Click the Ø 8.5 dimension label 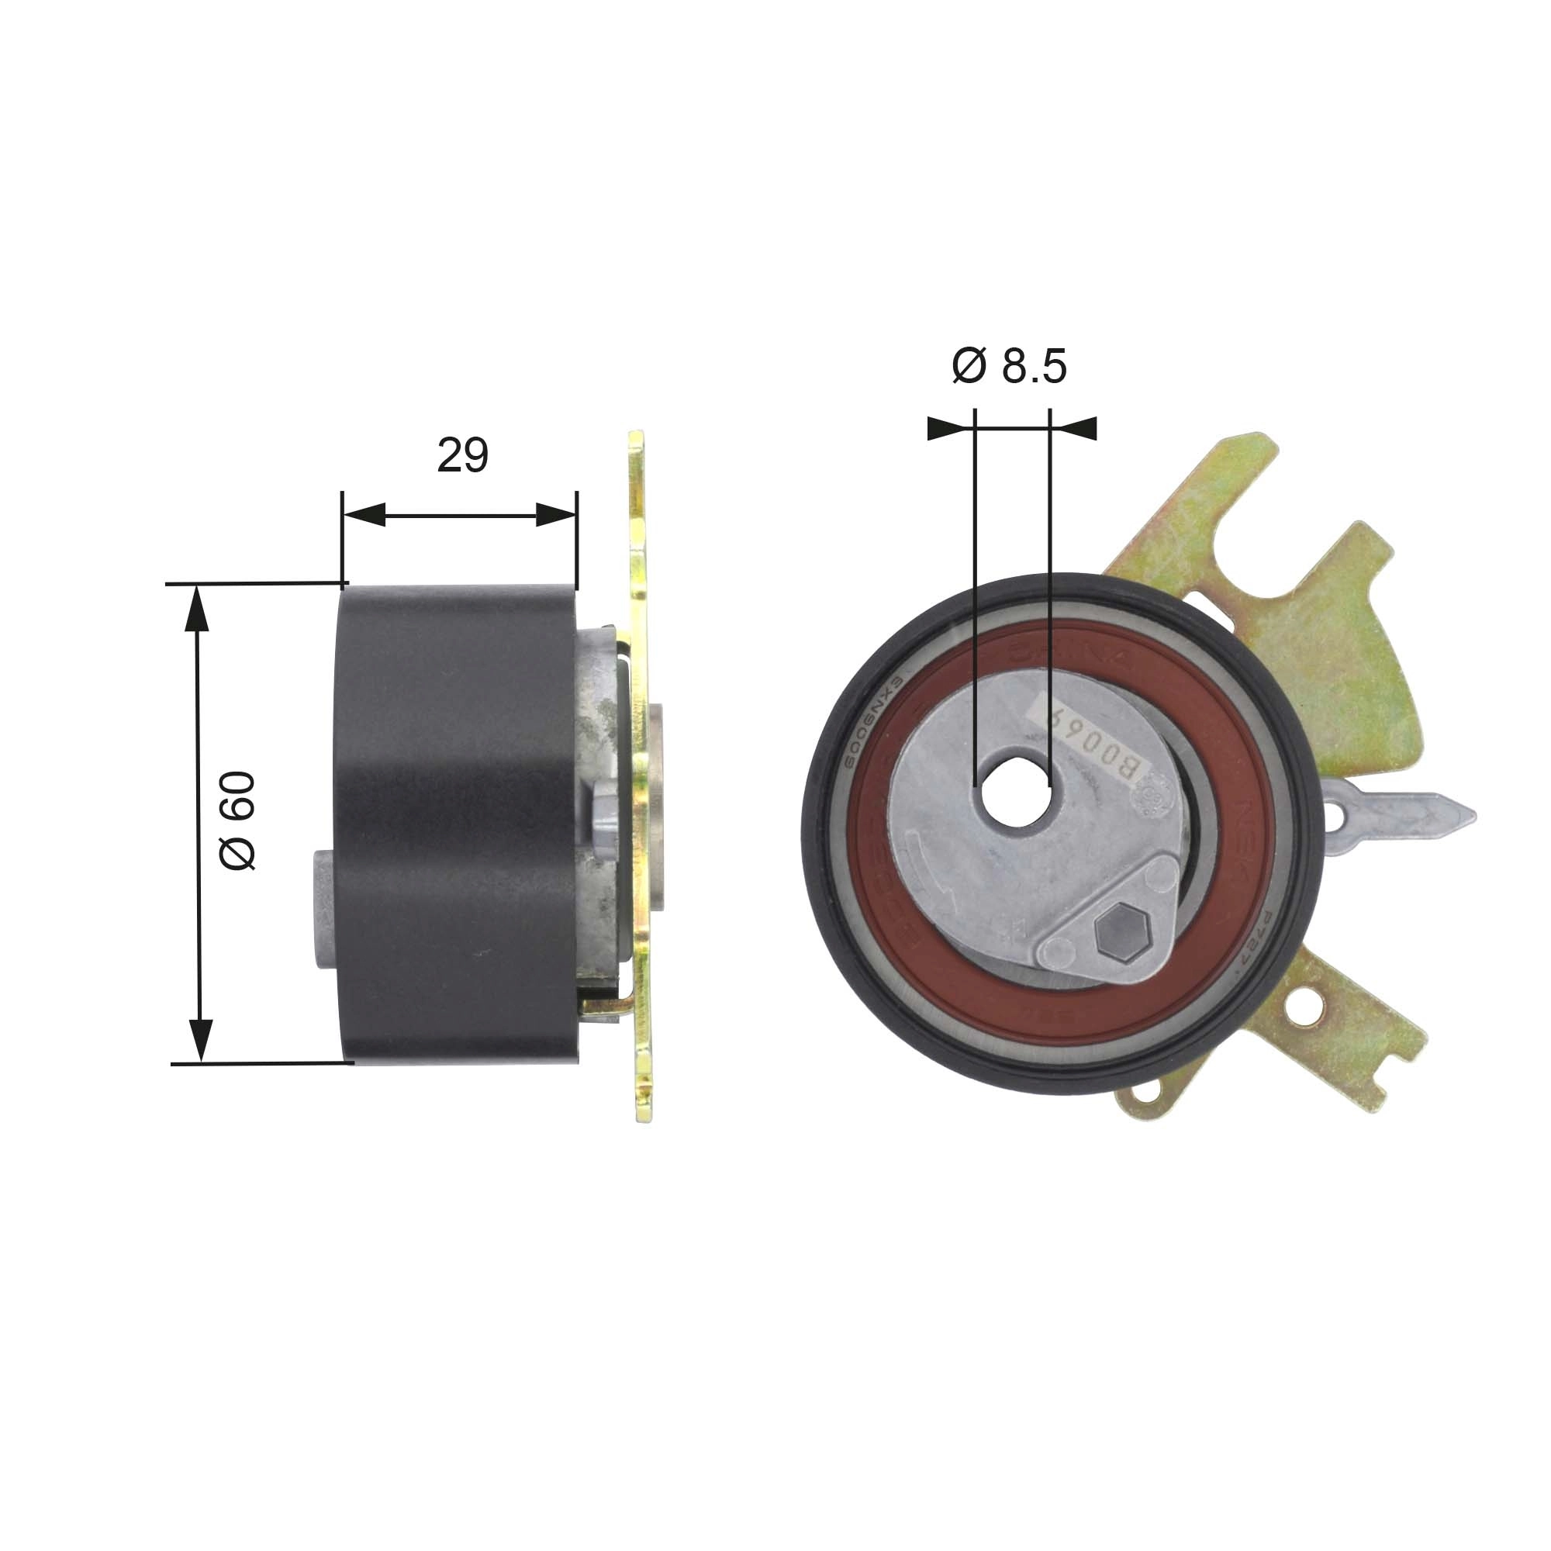tap(1009, 367)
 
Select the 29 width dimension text tap(462, 455)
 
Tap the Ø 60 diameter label tap(237, 821)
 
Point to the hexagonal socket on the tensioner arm tap(1121, 933)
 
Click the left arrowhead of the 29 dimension tap(363, 516)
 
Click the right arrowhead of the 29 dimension tap(556, 516)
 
